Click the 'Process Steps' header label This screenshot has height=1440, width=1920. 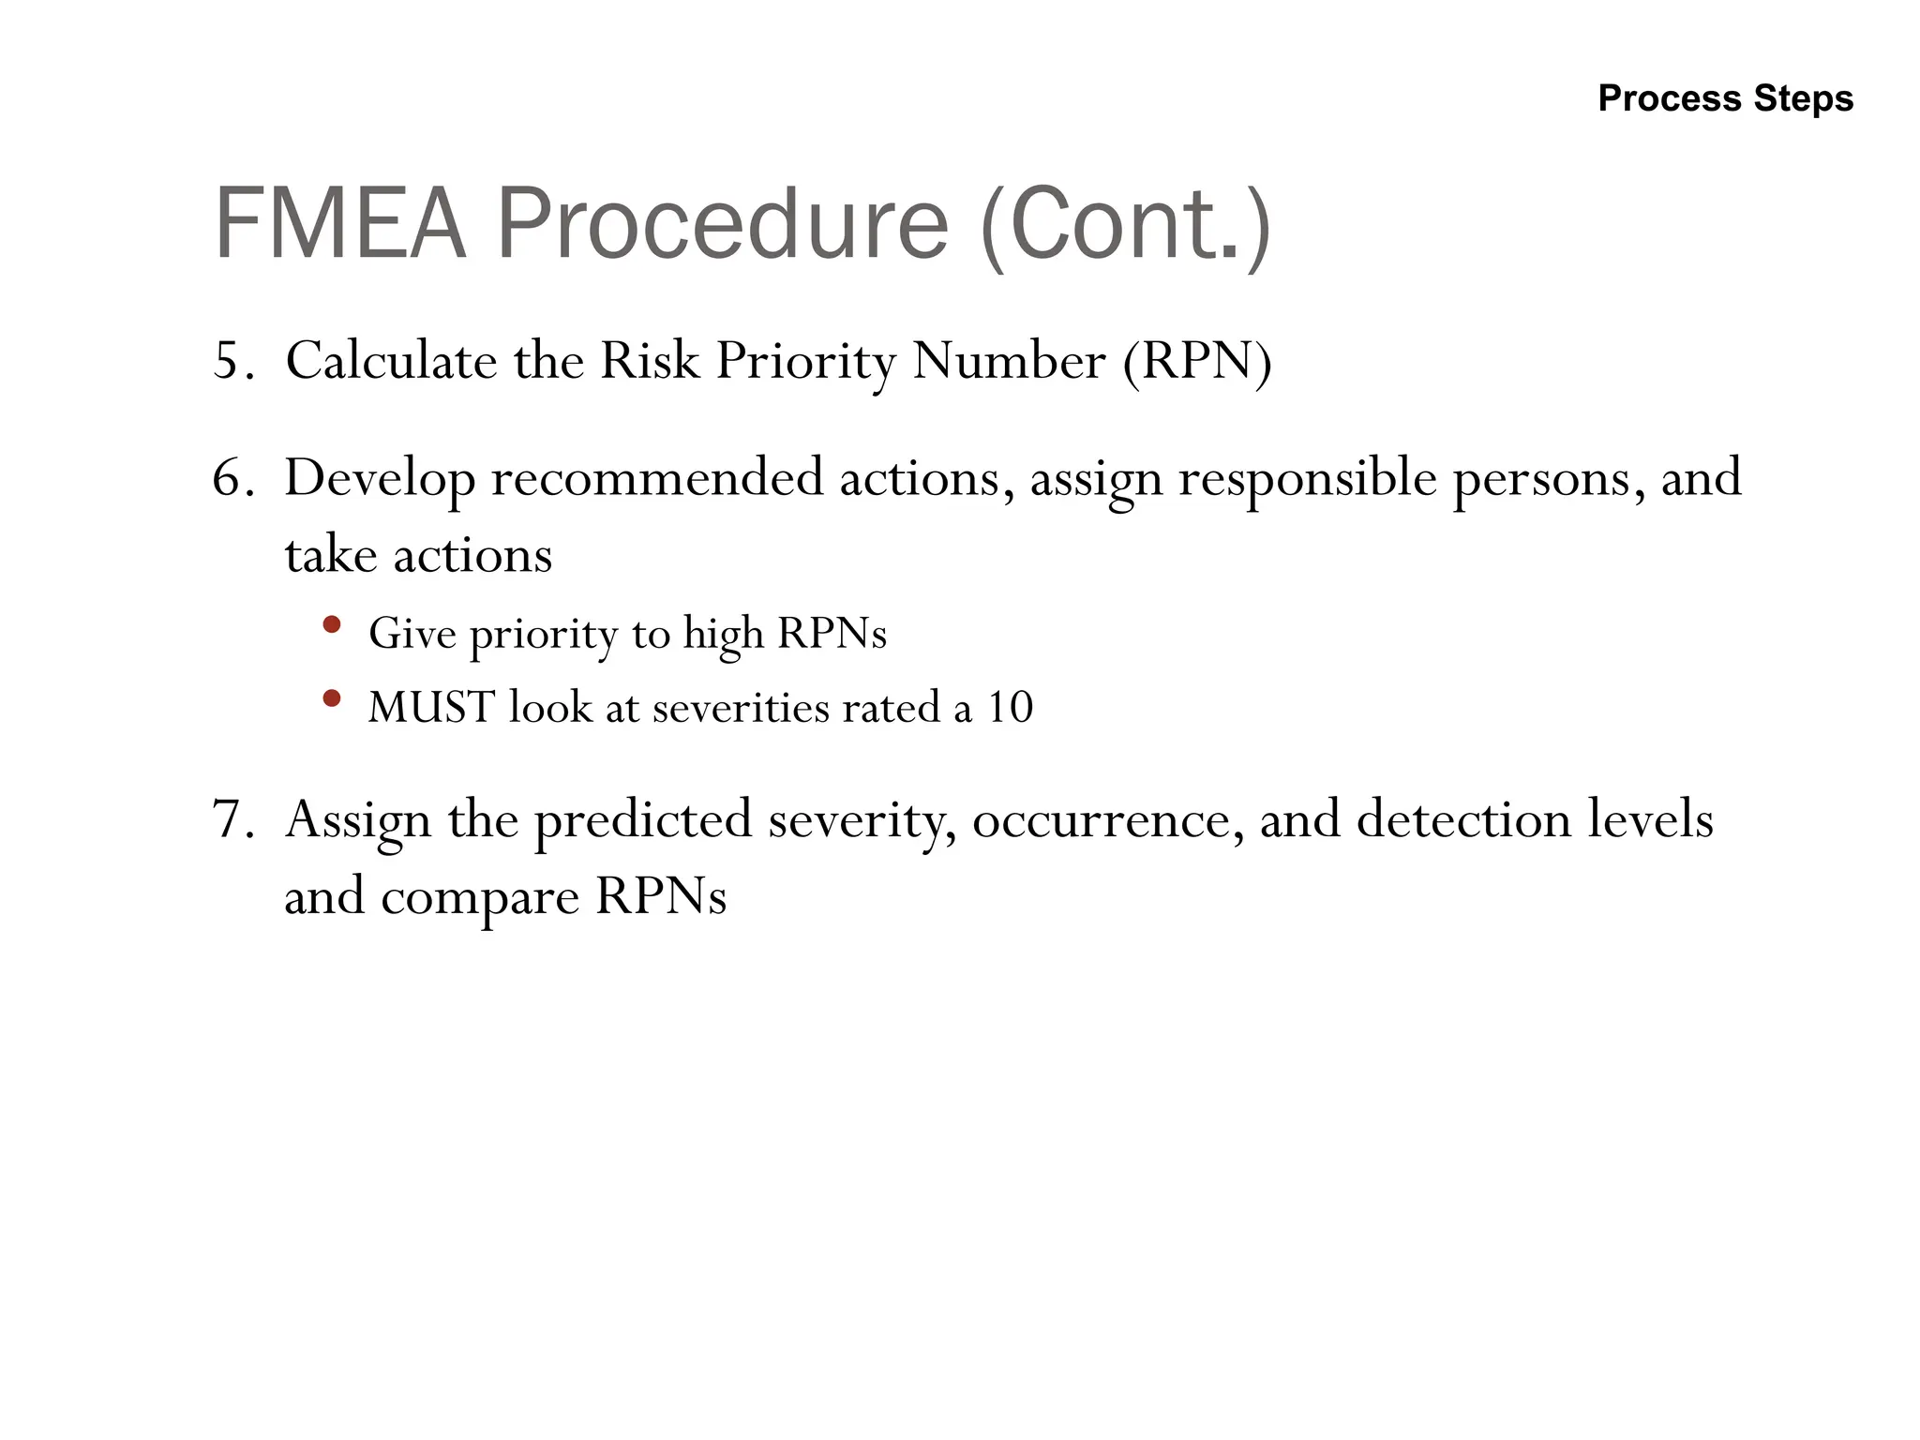pyautogui.click(x=1725, y=98)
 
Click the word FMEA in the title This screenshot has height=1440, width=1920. pyautogui.click(x=340, y=224)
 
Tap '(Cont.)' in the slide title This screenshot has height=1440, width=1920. pyautogui.click(x=1125, y=226)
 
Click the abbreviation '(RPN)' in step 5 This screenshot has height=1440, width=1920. pyautogui.click(x=1197, y=361)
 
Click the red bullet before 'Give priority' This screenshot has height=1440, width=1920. pyautogui.click(x=331, y=624)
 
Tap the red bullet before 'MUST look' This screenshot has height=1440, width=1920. pyautogui.click(x=331, y=698)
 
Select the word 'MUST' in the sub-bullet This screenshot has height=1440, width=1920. pyautogui.click(x=430, y=708)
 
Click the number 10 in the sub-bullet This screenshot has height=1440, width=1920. pyautogui.click(x=1010, y=708)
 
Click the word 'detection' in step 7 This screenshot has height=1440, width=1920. pyautogui.click(x=1463, y=819)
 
